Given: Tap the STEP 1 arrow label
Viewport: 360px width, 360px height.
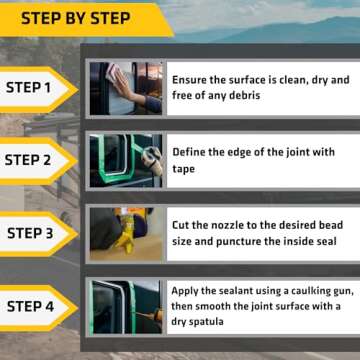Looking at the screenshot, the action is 38,88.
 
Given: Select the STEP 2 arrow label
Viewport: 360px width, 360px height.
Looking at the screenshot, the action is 38,160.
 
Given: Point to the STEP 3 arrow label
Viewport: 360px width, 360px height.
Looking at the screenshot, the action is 38,233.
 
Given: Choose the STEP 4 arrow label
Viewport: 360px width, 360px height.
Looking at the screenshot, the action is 38,307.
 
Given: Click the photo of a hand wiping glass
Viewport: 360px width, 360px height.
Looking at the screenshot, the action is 126,88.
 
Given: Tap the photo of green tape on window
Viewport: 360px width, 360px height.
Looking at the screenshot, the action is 126,161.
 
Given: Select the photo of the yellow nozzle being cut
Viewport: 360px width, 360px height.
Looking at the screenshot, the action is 126,234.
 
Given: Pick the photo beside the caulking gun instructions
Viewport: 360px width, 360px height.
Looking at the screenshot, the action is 126,307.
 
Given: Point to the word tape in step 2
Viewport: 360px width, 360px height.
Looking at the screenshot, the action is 184,169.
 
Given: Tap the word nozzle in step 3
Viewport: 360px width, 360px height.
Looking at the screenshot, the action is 223,225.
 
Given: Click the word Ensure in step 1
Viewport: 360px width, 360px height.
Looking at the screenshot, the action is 189,80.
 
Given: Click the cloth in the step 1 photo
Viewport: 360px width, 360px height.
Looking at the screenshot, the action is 114,71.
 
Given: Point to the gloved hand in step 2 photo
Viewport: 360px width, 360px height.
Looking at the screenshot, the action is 153,159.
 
